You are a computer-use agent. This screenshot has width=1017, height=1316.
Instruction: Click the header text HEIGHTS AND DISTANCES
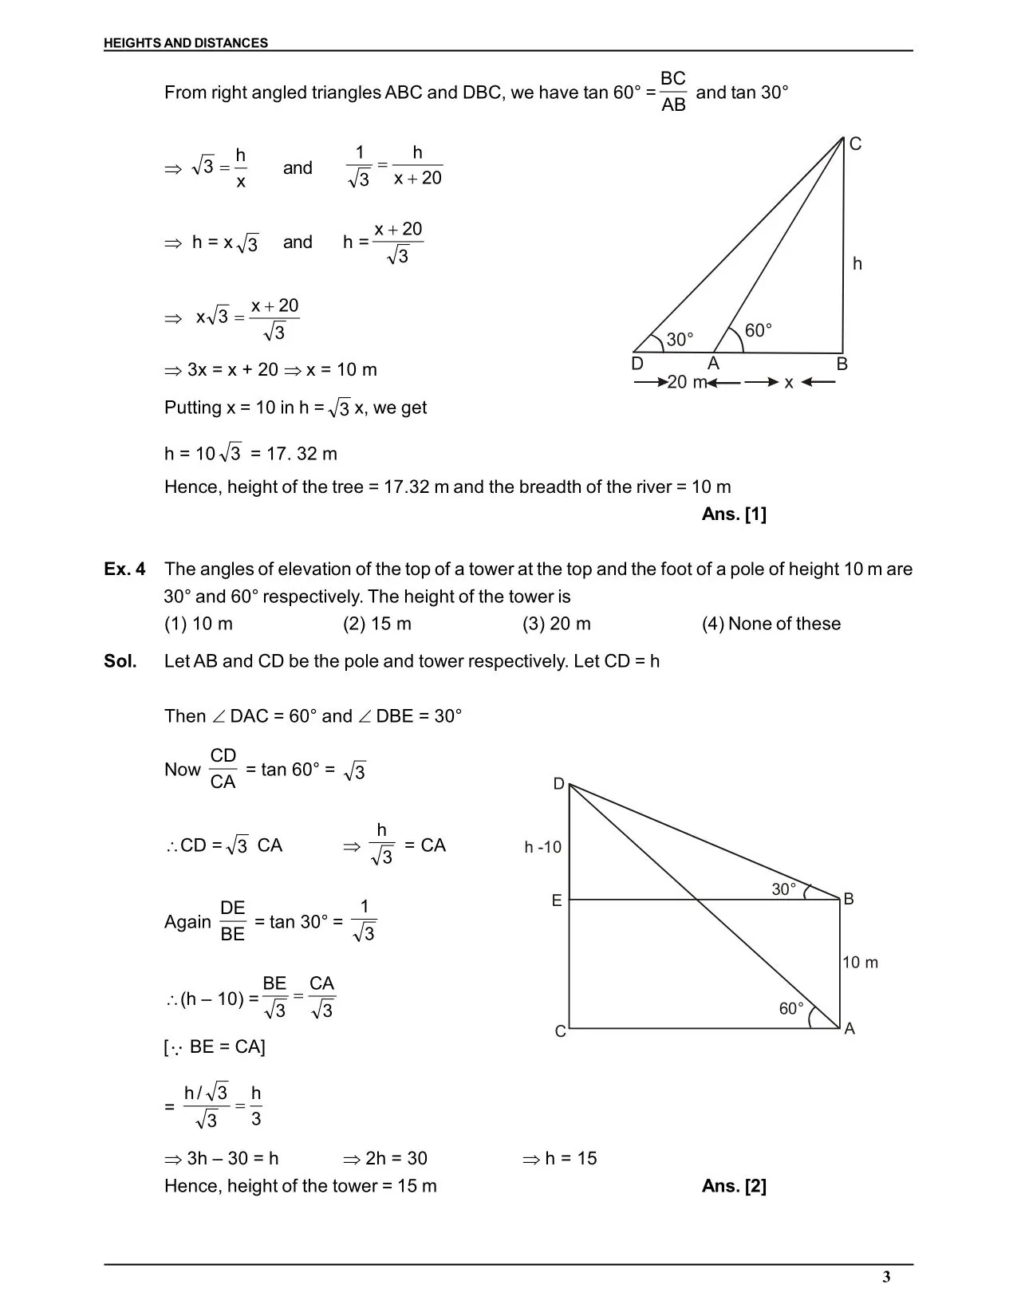[x=186, y=43]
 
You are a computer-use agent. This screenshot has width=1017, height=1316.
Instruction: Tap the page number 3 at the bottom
[x=886, y=1277]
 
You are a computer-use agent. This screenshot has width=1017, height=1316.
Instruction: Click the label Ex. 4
[x=124, y=569]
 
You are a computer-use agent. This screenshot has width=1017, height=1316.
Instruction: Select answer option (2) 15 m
[x=377, y=624]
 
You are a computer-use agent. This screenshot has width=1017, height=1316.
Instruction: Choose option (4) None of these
[x=771, y=624]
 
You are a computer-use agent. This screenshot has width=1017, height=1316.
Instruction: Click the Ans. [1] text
[x=734, y=514]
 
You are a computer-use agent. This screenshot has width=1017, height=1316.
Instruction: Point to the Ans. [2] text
[x=734, y=1186]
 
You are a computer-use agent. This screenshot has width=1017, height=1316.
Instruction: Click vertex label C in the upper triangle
[x=855, y=144]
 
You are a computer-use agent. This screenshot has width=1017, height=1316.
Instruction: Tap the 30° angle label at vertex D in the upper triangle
[x=680, y=340]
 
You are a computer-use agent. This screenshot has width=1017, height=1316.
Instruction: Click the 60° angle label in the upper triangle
[x=758, y=330]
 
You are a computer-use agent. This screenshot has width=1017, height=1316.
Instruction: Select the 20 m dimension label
[x=687, y=382]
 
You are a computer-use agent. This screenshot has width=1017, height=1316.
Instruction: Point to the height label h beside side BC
[x=857, y=264]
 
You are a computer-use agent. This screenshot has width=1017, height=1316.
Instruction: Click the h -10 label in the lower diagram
[x=543, y=847]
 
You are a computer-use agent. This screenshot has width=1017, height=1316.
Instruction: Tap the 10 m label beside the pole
[x=860, y=963]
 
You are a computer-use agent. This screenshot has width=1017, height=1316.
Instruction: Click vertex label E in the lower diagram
[x=557, y=900]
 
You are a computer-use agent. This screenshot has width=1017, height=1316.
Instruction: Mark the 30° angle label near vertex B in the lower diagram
[x=783, y=889]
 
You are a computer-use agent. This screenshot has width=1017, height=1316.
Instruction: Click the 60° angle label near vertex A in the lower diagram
[x=791, y=1009]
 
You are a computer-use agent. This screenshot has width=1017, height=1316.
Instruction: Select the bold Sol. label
[x=120, y=661]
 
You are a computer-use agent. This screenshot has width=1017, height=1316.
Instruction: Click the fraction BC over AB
[x=673, y=91]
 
